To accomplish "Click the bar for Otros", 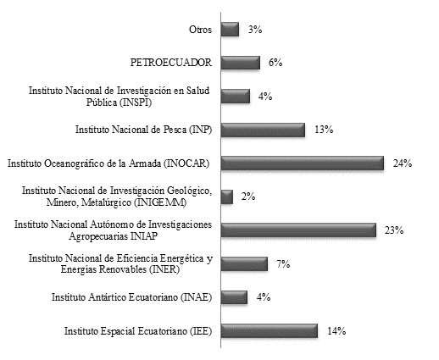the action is (x=230, y=30).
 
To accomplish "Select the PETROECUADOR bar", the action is (x=241, y=63).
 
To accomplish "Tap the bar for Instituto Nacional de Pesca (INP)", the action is (x=263, y=130).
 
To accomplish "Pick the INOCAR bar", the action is (x=303, y=163).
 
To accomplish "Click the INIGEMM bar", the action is (x=227, y=197).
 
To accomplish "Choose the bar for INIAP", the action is (x=298, y=230).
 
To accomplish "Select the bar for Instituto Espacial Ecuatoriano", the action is (x=270, y=331).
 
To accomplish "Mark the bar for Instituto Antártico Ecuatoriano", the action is (x=234, y=297).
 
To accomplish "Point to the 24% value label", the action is (x=403, y=163).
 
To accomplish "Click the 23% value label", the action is (x=394, y=230).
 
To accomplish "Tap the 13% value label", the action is (x=324, y=130).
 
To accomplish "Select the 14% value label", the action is (x=336, y=330).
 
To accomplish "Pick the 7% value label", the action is (x=283, y=264).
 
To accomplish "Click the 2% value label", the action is (x=248, y=197).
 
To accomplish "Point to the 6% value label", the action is (x=275, y=63).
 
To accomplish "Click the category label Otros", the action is (x=200, y=30).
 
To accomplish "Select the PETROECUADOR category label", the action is (x=171, y=63).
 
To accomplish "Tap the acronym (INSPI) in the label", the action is (x=136, y=102).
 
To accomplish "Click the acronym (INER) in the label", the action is (x=164, y=269).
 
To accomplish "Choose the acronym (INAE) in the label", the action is (x=196, y=297).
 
